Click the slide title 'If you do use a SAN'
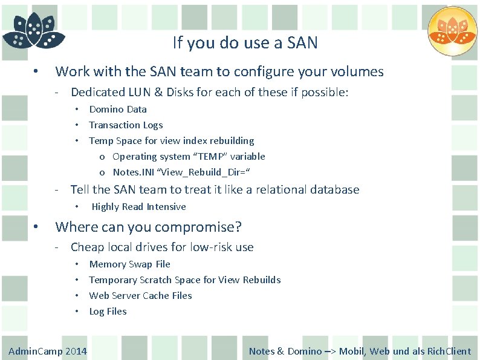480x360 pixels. pos(245,43)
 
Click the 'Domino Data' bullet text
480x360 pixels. pos(118,110)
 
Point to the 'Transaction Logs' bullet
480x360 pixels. pos(126,125)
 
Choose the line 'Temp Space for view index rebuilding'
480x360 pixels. pos(172,141)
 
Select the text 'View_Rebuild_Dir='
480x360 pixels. pos(204,172)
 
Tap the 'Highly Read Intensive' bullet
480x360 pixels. pos(138,207)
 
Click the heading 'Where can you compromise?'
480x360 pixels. pos(148,227)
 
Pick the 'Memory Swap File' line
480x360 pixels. pos(129,264)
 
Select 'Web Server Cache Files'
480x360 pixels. pos(140,296)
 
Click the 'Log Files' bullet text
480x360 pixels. pos(108,312)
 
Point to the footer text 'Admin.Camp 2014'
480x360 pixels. pos(48,352)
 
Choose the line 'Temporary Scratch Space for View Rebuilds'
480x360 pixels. pos(185,280)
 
